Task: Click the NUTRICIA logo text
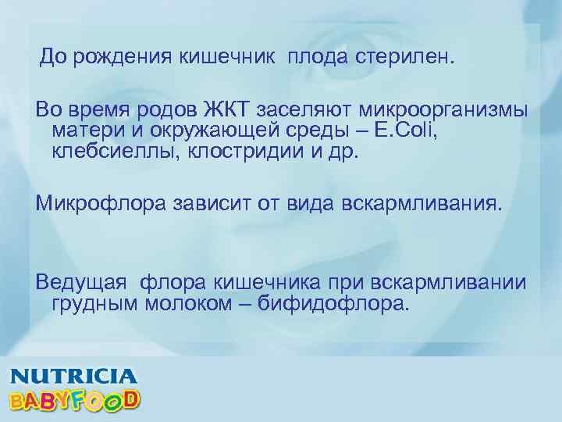point(73,377)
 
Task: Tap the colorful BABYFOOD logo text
point(75,400)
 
